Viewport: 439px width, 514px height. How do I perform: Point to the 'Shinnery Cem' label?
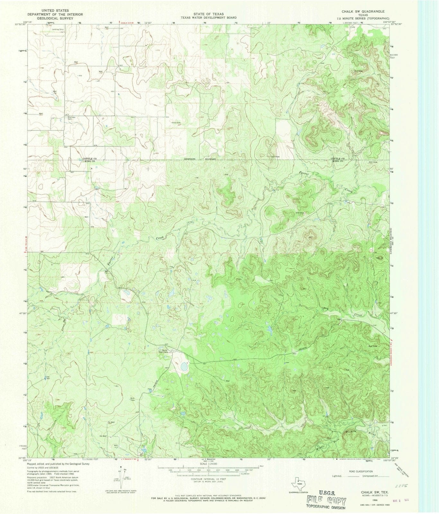point(72,118)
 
